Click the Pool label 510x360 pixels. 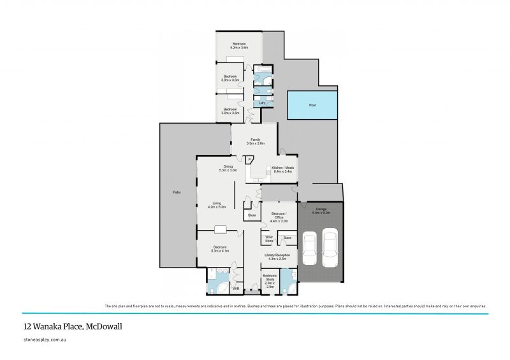click(x=312, y=105)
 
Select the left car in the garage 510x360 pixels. click(x=309, y=248)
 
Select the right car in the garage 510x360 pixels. click(x=330, y=248)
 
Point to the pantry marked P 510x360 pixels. click(x=250, y=160)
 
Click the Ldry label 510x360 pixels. click(x=262, y=103)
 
